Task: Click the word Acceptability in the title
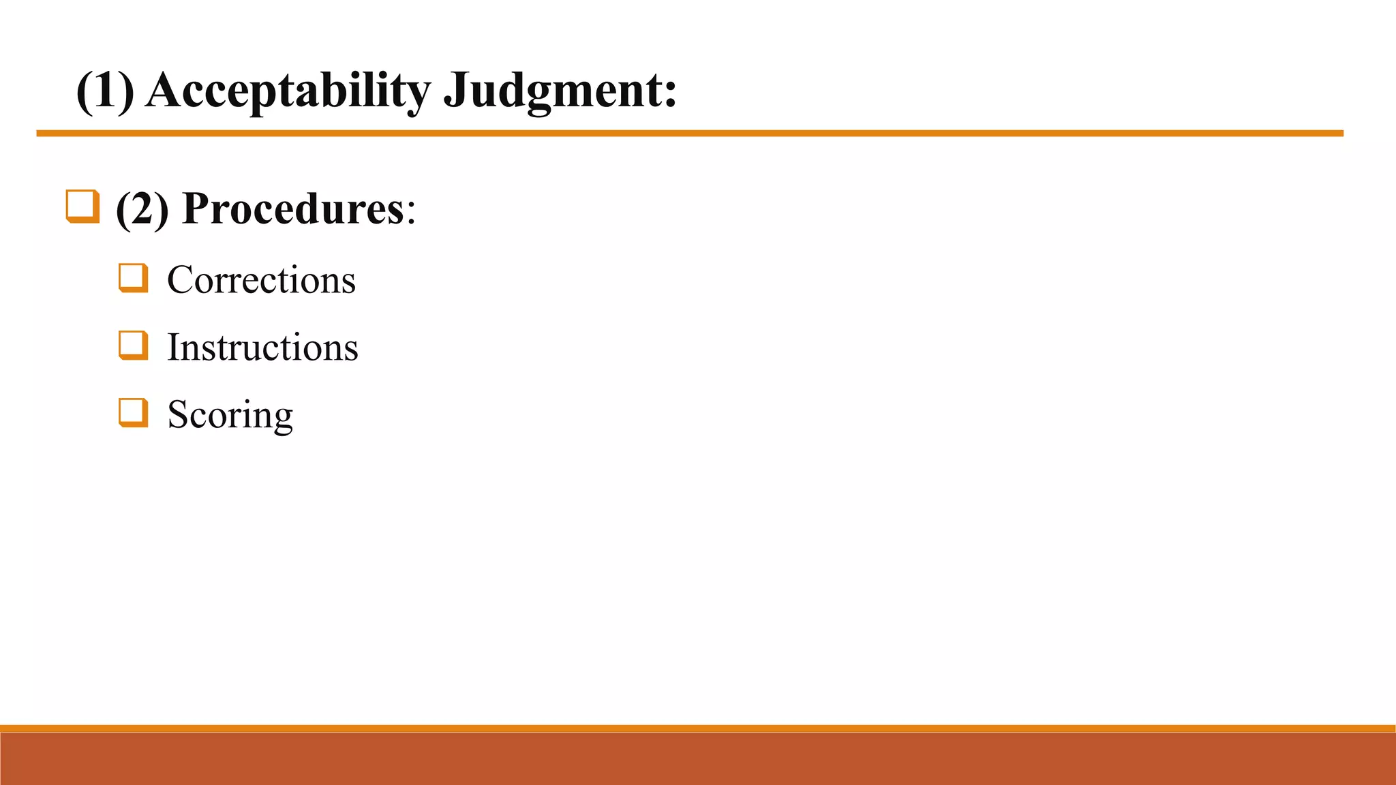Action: (x=288, y=91)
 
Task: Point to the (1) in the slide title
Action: (x=105, y=91)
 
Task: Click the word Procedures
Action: (x=293, y=209)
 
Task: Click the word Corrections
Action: (x=261, y=280)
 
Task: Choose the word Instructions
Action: (x=262, y=348)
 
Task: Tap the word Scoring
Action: (x=230, y=414)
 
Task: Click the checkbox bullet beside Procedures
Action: (x=82, y=206)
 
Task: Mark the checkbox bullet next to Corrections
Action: (x=133, y=278)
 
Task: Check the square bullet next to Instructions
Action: (x=133, y=345)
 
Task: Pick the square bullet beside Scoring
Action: (x=133, y=413)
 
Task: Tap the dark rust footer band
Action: (x=698, y=758)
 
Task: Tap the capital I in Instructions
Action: (x=173, y=348)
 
